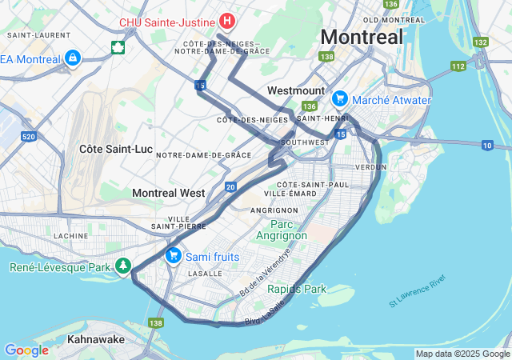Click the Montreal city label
362,37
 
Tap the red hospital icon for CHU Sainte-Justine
227,20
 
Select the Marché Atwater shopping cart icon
340,99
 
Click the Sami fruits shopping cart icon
172,255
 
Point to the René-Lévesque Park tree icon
123,266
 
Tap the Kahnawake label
95,339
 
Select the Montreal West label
168,193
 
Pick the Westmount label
296,90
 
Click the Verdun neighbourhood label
369,167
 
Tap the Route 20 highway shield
230,186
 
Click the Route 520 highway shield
29,138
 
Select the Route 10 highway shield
487,145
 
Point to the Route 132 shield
480,42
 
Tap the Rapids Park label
297,289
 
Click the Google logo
26,350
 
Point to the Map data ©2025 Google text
462,354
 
